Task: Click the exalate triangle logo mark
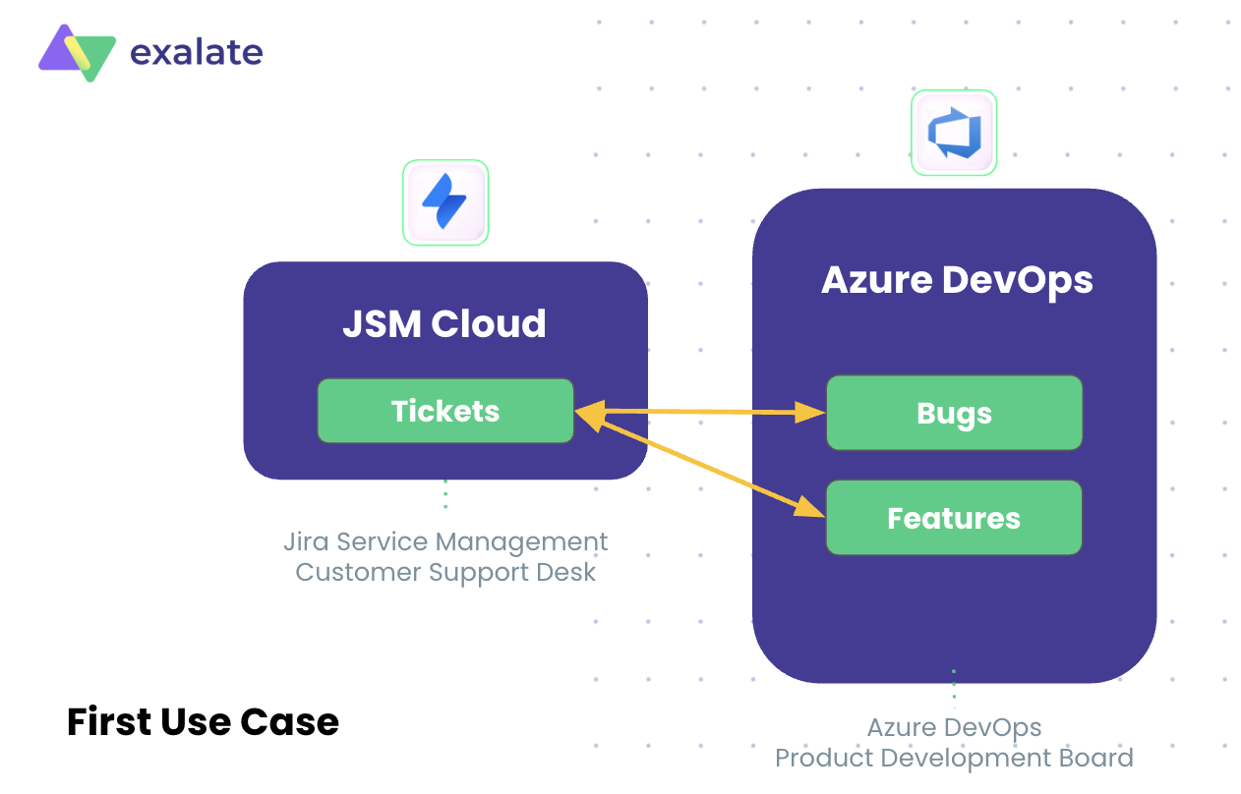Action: point(77,52)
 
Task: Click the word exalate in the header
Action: point(196,51)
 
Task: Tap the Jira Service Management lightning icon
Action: point(445,202)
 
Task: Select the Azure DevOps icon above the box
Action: point(953,134)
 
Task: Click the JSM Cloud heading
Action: point(444,323)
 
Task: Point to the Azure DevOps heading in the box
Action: point(956,280)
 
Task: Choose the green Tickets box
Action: point(444,411)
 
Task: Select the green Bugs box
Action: point(954,414)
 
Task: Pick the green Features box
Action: point(954,518)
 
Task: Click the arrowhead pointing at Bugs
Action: point(811,413)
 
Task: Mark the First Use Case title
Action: point(203,722)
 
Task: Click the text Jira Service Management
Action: point(445,541)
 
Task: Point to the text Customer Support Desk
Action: point(445,572)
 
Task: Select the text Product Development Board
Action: point(954,759)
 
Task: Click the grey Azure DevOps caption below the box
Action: point(954,728)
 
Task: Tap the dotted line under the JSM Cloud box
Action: point(445,494)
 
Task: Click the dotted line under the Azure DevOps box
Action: point(953,689)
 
